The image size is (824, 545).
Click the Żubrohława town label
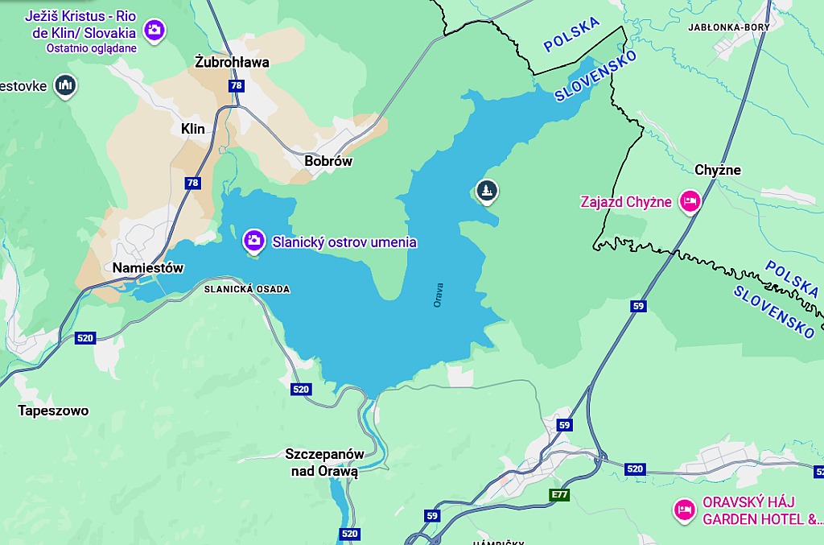pyautogui.click(x=233, y=62)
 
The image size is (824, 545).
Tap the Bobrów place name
pyautogui.click(x=328, y=161)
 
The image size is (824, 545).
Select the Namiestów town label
pyautogui.click(x=148, y=268)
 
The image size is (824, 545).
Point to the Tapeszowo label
pyautogui.click(x=53, y=411)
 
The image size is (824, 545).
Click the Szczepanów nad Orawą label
pyautogui.click(x=324, y=463)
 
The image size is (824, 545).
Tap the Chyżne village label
pyautogui.click(x=718, y=170)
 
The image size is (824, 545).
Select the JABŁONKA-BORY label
pyautogui.click(x=729, y=27)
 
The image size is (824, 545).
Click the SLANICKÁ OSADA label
pyautogui.click(x=246, y=289)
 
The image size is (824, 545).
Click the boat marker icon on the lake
pyautogui.click(x=487, y=191)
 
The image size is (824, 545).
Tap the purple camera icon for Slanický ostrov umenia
pyautogui.click(x=253, y=240)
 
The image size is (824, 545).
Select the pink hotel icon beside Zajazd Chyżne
pyautogui.click(x=689, y=201)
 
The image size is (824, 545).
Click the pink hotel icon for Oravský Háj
pyautogui.click(x=685, y=510)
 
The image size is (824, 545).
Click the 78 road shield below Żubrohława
pyautogui.click(x=236, y=85)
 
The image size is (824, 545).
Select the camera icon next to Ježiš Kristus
pyautogui.click(x=154, y=31)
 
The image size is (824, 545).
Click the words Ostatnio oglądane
pyautogui.click(x=92, y=48)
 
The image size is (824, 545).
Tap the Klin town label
pyautogui.click(x=193, y=129)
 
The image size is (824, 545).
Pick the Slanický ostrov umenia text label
pyautogui.click(x=344, y=242)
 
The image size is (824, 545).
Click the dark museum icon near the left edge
pyautogui.click(x=65, y=85)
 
